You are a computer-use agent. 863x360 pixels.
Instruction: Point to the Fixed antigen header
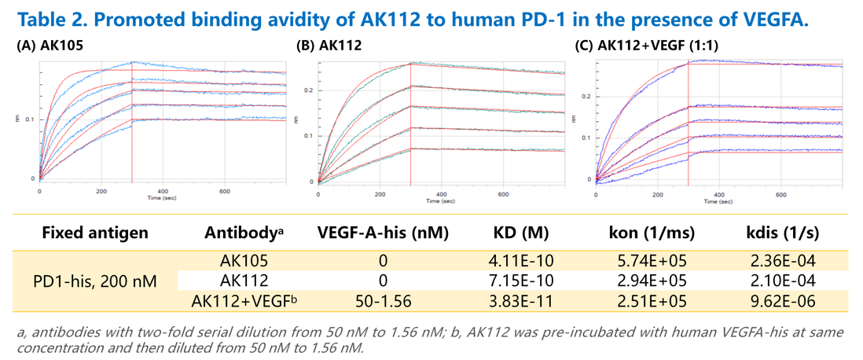(94, 233)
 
